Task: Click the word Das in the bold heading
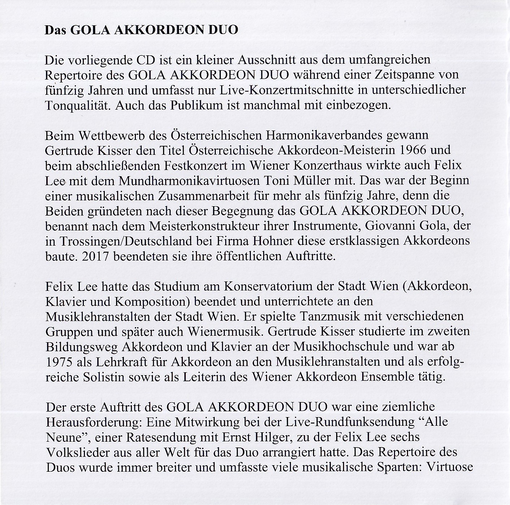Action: coord(55,30)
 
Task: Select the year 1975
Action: coord(59,361)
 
